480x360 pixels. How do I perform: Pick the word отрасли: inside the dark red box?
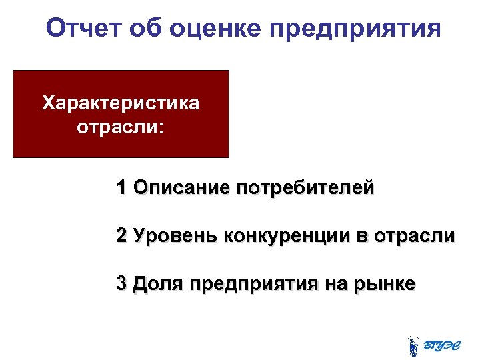[x=121, y=127]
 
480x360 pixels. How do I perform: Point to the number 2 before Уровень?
[x=121, y=236]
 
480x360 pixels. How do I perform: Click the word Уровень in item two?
[x=174, y=236]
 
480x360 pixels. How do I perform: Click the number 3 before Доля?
[x=121, y=283]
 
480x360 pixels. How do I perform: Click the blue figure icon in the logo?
[x=413, y=345]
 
